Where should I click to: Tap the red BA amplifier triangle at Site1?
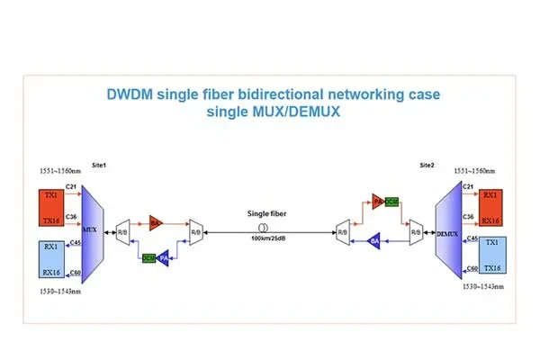(x=155, y=221)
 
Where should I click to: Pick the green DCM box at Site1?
(x=148, y=257)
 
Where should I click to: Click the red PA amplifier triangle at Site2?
(x=378, y=202)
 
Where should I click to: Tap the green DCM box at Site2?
(x=391, y=202)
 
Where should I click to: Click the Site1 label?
(x=99, y=166)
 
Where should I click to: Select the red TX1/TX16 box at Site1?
(x=50, y=206)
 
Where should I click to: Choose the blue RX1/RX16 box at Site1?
(x=50, y=258)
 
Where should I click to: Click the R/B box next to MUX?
(x=122, y=233)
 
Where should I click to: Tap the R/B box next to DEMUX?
(x=415, y=233)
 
